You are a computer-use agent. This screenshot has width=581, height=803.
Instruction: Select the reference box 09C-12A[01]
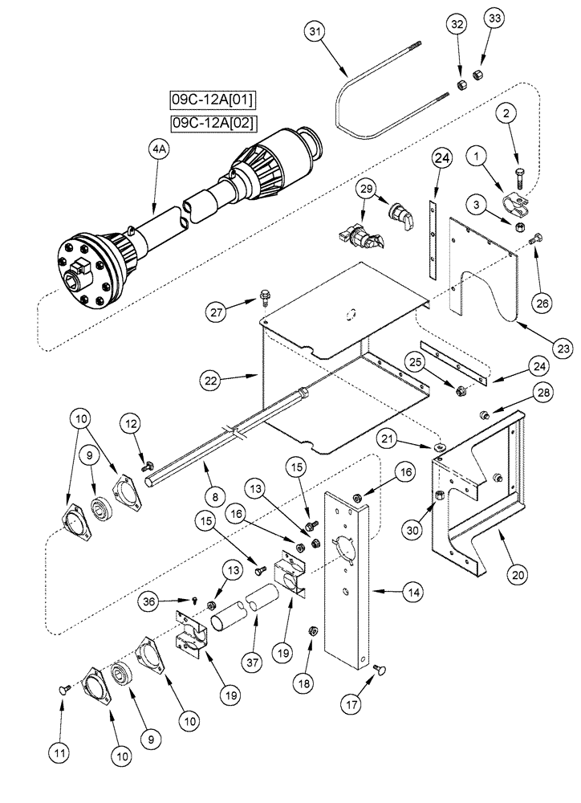[x=202, y=100]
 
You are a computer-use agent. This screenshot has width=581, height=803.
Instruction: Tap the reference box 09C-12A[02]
[x=202, y=123]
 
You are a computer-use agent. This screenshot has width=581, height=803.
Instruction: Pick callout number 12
[x=132, y=422]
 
